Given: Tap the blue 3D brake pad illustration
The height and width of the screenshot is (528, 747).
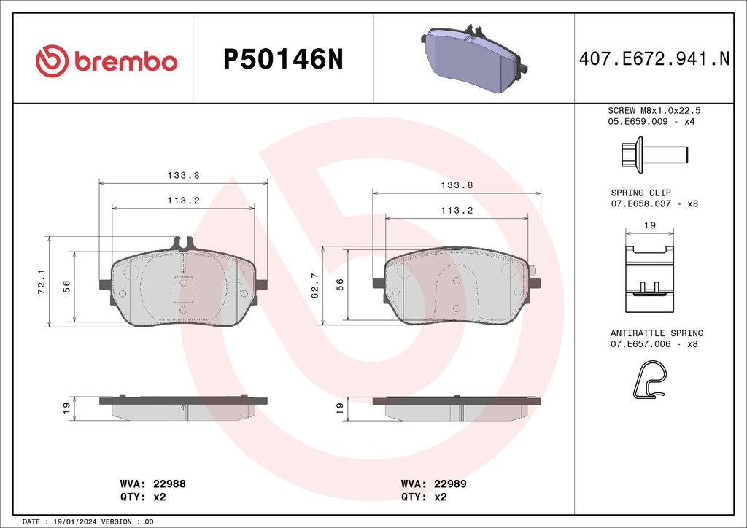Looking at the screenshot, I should (x=474, y=58).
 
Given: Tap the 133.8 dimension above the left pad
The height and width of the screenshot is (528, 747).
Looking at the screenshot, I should (x=183, y=175).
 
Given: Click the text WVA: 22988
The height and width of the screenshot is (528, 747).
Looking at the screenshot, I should (x=153, y=484).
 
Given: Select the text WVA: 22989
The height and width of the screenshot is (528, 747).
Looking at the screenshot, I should (x=434, y=484).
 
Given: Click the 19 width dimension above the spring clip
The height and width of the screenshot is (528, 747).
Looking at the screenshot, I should (x=649, y=227).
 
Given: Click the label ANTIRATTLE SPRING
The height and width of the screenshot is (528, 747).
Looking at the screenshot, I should (x=657, y=333).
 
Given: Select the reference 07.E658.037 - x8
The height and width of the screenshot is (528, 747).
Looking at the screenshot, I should (x=654, y=203).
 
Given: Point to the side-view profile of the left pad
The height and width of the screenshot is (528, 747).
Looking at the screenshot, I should (x=183, y=408).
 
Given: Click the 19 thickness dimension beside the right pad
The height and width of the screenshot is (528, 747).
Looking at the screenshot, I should (x=340, y=409).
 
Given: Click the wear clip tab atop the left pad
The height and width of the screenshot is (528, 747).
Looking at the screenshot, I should (x=183, y=242).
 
